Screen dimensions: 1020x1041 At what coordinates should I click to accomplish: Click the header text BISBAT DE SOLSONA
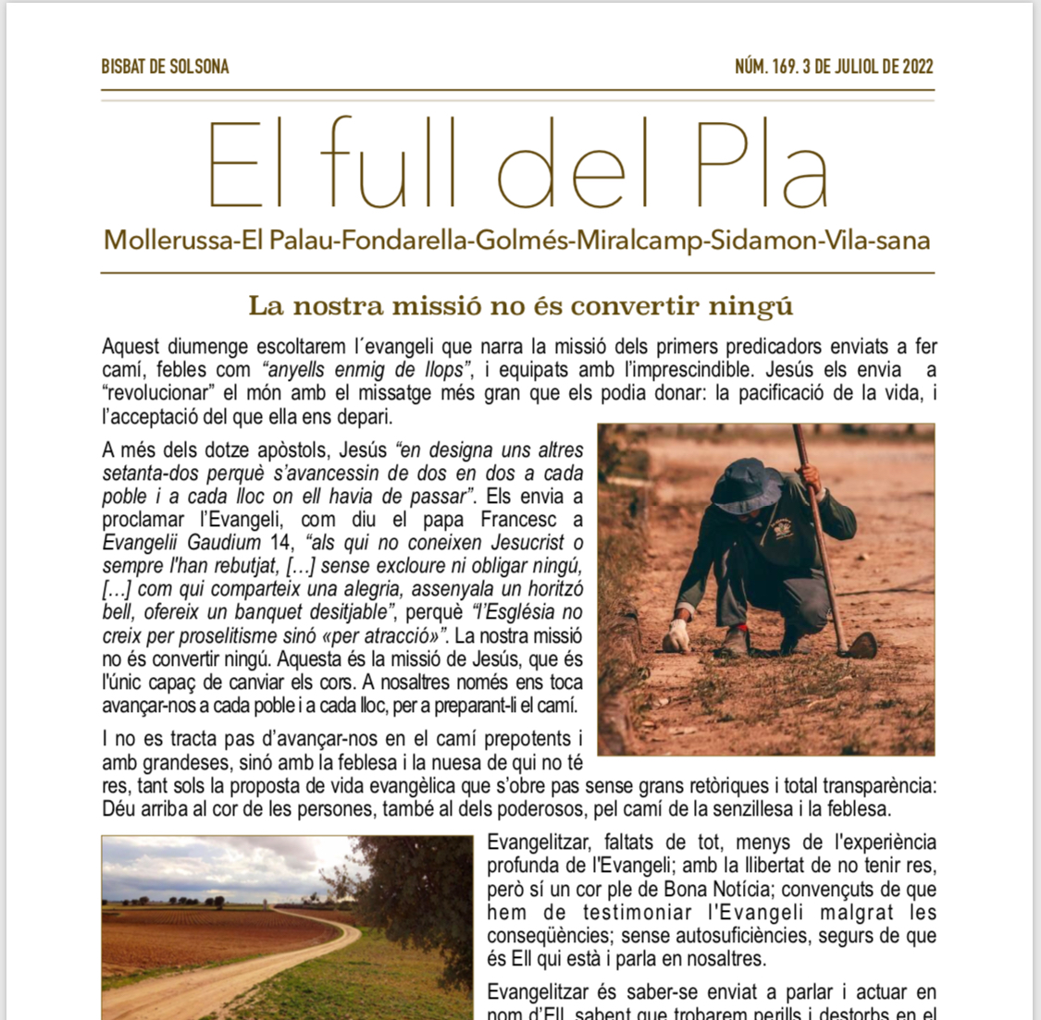click(x=165, y=67)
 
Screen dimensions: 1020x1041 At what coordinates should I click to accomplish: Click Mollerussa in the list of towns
click(x=167, y=240)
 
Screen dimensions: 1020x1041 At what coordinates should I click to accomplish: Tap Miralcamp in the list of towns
click(x=639, y=240)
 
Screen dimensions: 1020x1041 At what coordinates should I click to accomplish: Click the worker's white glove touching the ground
click(x=677, y=636)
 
